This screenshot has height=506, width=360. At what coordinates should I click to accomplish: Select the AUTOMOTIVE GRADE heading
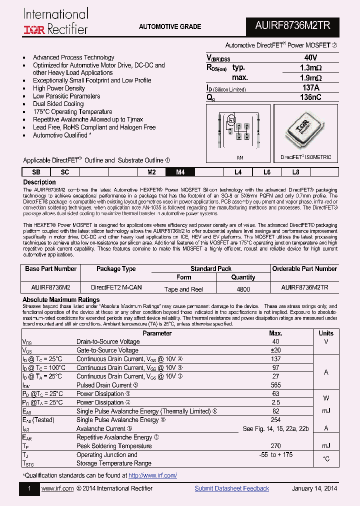170,26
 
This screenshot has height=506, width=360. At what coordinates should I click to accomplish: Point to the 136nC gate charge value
310,98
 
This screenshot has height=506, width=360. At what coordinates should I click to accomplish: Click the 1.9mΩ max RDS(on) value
310,78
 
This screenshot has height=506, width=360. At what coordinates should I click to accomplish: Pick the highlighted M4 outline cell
180,172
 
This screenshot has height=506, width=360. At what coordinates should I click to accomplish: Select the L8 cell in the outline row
295,172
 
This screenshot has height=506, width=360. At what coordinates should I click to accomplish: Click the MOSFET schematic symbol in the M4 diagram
231,120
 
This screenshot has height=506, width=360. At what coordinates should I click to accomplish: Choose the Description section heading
39,182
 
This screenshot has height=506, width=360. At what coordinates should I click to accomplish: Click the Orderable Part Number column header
304,269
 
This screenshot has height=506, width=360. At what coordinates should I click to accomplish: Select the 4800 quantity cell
243,289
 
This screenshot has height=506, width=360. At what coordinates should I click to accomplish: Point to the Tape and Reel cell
183,289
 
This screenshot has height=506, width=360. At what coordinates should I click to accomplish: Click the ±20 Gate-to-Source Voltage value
275,350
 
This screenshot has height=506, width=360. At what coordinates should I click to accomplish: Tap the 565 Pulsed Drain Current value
275,385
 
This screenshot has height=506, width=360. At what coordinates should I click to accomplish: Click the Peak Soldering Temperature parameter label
113,445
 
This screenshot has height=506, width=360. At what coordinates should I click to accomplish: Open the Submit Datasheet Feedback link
231,488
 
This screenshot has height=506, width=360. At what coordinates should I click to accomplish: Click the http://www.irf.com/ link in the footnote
152,475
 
